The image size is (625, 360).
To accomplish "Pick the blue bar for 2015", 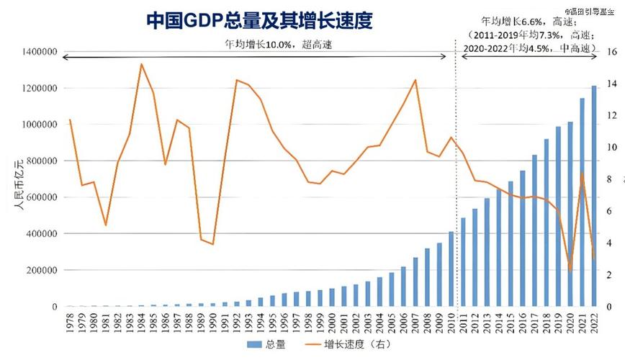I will pyautogui.click(x=511, y=243).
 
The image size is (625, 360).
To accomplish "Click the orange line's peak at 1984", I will pyautogui.click(x=141, y=64).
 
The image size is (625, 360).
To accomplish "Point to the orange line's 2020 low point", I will pyautogui.click(x=570, y=271).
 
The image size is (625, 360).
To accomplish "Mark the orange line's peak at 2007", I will pyautogui.click(x=415, y=80).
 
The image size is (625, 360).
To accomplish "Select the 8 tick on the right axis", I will pyautogui.click(x=609, y=179).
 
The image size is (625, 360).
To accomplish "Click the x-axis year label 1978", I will pyautogui.click(x=70, y=324).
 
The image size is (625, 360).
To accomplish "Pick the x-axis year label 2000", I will pyautogui.click(x=332, y=324).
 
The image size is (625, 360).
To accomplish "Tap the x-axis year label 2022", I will pyautogui.click(x=594, y=324).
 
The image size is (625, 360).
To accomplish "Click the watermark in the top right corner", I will pyautogui.click(x=596, y=11).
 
